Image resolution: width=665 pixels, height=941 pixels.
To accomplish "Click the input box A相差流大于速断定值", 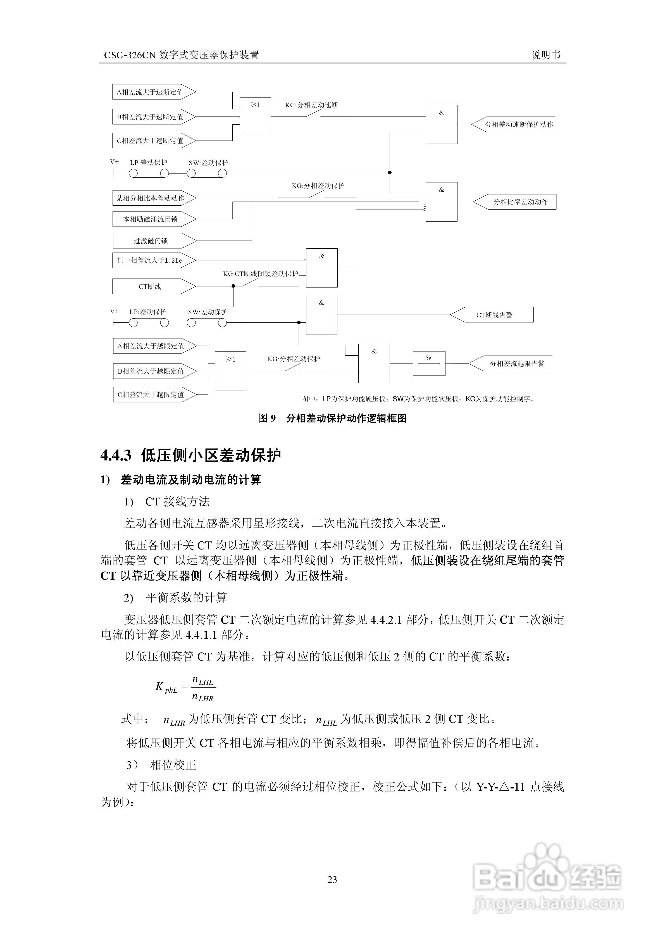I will click(x=150, y=92).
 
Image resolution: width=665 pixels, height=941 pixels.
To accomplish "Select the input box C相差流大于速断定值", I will click(x=150, y=141).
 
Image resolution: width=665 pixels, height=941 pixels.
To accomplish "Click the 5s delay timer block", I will click(x=429, y=363).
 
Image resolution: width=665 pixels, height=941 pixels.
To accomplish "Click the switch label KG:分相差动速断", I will click(x=311, y=105).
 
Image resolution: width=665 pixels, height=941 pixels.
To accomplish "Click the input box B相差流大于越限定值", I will click(x=151, y=371).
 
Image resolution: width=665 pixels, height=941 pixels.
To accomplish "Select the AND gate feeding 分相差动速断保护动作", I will click(x=441, y=124).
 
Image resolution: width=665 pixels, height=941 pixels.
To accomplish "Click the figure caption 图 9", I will click(x=267, y=418).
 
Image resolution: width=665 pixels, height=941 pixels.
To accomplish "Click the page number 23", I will click(x=332, y=879).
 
